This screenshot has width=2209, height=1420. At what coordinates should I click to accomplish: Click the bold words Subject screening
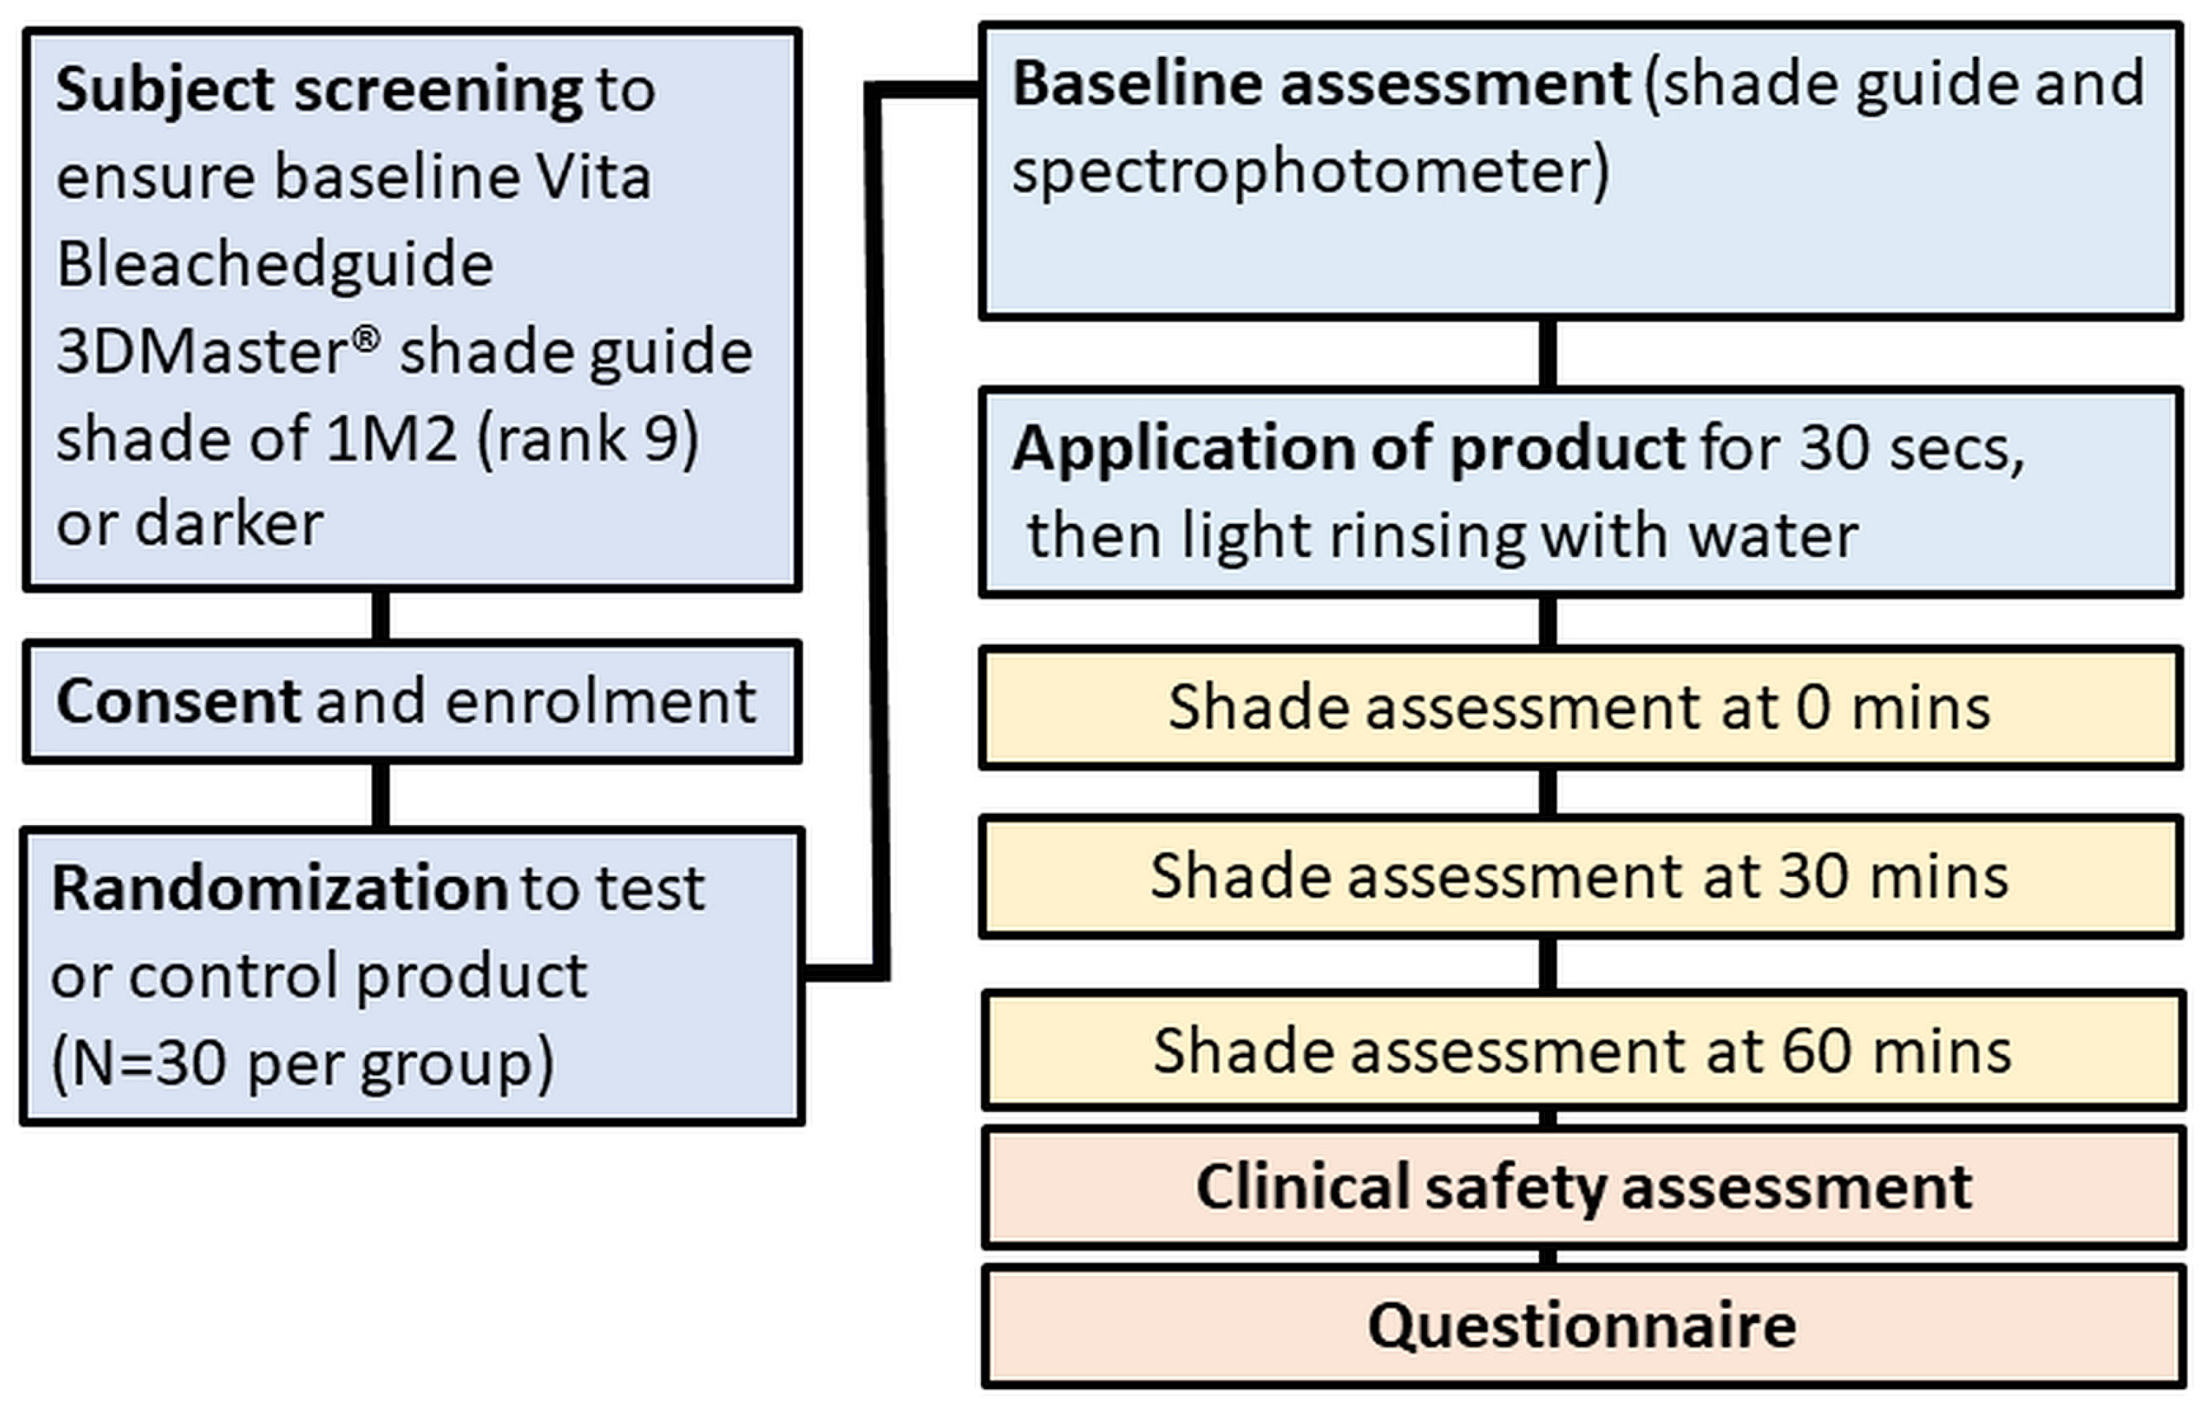(x=318, y=89)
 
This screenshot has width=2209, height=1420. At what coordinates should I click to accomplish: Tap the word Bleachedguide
(x=275, y=264)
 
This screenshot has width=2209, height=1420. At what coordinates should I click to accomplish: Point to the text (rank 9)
(x=588, y=440)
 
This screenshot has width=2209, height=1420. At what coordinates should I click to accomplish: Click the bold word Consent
(x=178, y=702)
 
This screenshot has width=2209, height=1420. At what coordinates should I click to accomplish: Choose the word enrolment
(x=600, y=702)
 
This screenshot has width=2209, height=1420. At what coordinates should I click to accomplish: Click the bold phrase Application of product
(x=1348, y=448)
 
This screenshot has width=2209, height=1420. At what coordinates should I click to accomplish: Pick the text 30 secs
(x=1910, y=448)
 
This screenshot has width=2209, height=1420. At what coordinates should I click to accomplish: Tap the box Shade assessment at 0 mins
(x=1580, y=708)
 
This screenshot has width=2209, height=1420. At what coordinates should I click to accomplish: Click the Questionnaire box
(x=1582, y=1326)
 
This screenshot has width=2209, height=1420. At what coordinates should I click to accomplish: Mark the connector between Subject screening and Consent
(x=380, y=615)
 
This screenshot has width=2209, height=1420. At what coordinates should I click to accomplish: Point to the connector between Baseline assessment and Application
(x=1548, y=353)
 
